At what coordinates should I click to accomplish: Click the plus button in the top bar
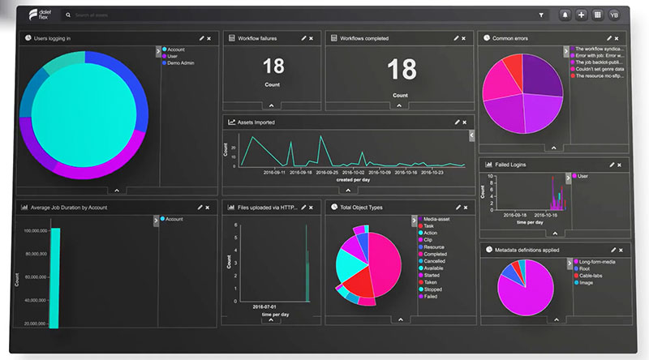(581, 15)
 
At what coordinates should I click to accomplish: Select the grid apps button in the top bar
(598, 15)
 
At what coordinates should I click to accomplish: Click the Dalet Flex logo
(38, 14)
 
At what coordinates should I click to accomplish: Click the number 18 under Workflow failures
(273, 67)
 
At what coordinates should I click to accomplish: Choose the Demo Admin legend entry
(182, 62)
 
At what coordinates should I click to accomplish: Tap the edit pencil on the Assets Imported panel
(458, 122)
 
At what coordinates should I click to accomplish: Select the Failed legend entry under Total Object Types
(430, 297)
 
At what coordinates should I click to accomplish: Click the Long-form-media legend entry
(597, 261)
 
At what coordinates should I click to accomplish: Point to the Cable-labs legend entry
(590, 276)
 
